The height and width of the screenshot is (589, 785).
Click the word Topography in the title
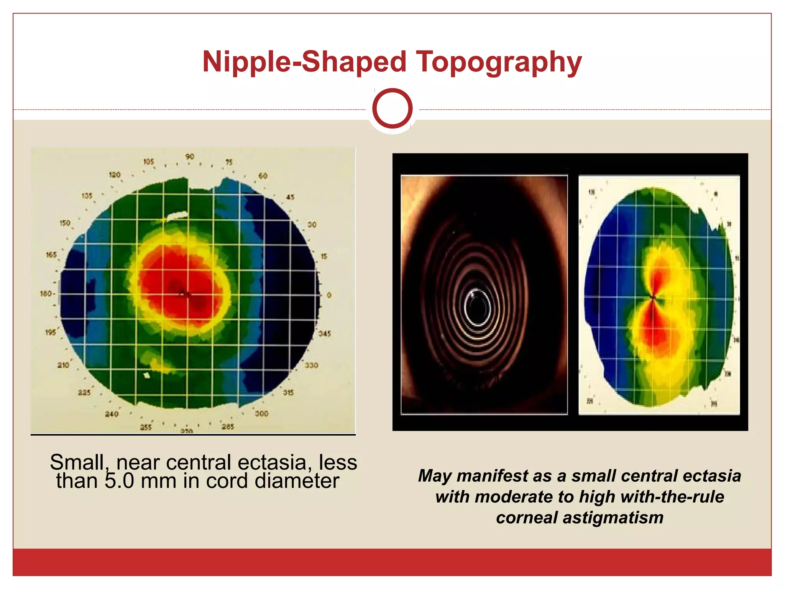coord(499,62)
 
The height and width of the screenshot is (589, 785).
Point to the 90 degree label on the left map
coord(190,157)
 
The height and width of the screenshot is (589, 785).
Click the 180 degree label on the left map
coord(47,294)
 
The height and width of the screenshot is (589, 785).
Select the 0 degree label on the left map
coord(329,295)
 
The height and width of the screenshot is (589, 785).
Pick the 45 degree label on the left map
coord(290,197)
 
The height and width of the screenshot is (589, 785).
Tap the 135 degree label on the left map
coord(87,196)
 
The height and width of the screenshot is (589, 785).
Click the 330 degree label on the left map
coord(311,365)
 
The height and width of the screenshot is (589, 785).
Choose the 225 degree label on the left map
coord(84,393)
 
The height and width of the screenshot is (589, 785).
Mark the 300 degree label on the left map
coord(261,414)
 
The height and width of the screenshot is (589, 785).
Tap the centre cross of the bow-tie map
coord(653,297)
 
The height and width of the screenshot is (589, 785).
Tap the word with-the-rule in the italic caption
coord(672,497)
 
